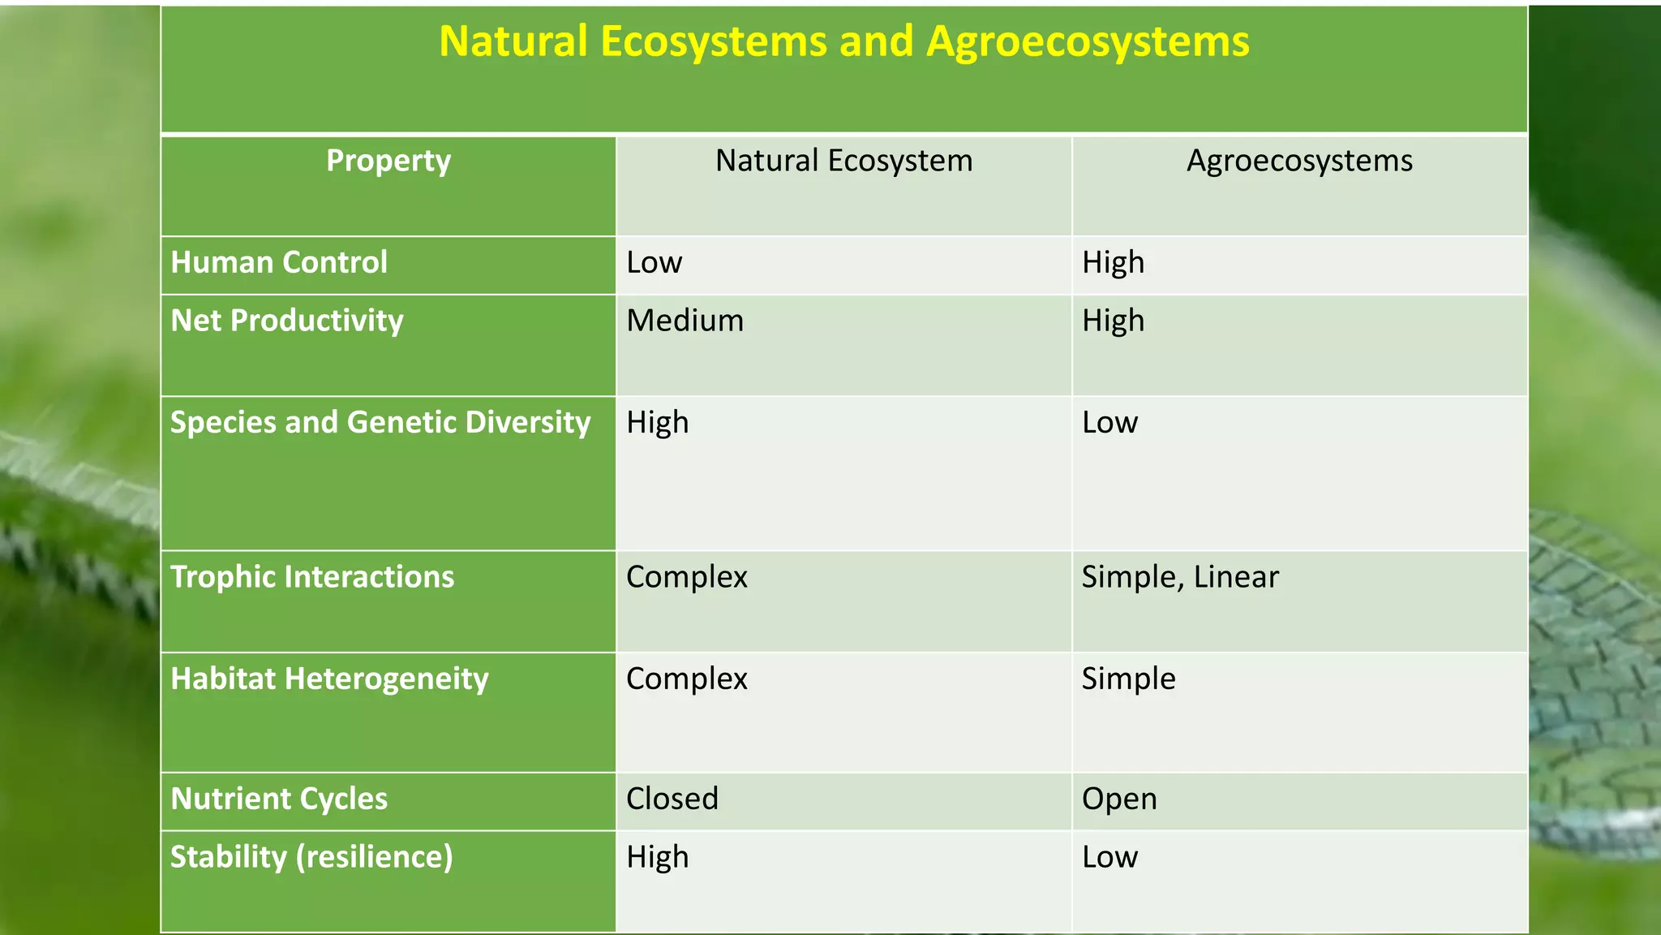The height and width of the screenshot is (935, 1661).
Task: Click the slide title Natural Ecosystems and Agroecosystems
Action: (843, 41)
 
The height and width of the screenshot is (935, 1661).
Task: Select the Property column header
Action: (388, 161)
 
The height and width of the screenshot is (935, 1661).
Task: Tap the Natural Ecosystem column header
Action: (843, 161)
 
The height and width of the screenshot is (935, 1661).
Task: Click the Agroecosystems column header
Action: (1299, 161)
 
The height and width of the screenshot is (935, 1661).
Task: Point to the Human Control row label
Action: (279, 263)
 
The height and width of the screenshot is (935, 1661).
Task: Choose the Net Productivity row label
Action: (287, 321)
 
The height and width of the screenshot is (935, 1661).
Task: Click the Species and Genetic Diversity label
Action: (380, 423)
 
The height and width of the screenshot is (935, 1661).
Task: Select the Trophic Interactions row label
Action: (312, 577)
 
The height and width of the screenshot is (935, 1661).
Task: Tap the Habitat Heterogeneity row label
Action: (329, 679)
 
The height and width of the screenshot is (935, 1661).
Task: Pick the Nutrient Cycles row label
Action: (279, 799)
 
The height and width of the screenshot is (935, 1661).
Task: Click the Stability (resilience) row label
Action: (311, 858)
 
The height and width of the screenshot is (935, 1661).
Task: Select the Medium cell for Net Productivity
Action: (685, 321)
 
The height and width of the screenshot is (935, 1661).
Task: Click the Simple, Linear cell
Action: (1180, 577)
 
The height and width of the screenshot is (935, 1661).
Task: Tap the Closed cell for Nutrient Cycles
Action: (672, 799)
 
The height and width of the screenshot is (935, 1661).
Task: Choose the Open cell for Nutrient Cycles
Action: (1119, 799)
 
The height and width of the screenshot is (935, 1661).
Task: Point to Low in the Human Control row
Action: (654, 263)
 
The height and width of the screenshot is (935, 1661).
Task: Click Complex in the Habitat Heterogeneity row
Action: (686, 679)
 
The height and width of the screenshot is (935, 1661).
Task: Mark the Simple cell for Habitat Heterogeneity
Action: (1128, 679)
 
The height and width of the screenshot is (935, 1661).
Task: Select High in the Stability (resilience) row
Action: (657, 858)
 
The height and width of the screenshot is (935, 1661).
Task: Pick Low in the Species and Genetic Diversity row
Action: (1109, 423)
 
